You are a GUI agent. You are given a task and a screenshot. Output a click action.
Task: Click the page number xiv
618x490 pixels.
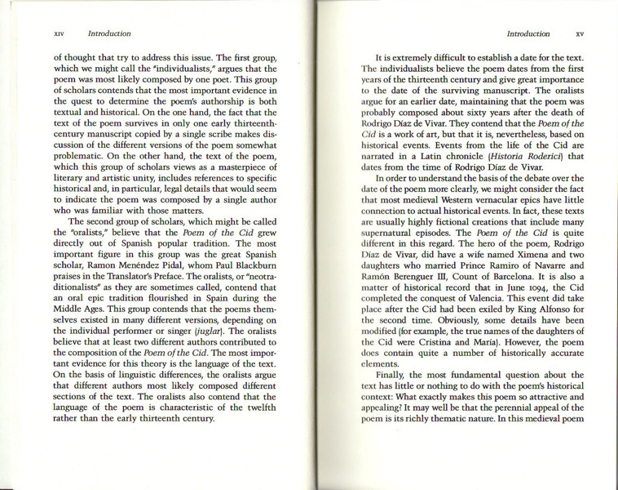coord(58,34)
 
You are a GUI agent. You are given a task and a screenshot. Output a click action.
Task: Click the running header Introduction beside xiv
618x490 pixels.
coord(108,34)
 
